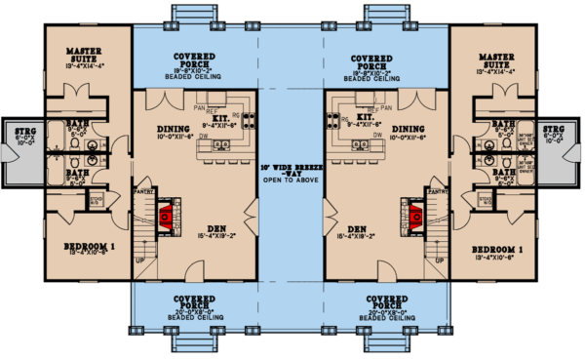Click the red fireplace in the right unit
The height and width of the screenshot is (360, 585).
pos(417,214)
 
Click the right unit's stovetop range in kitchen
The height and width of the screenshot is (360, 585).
pos(332,122)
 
